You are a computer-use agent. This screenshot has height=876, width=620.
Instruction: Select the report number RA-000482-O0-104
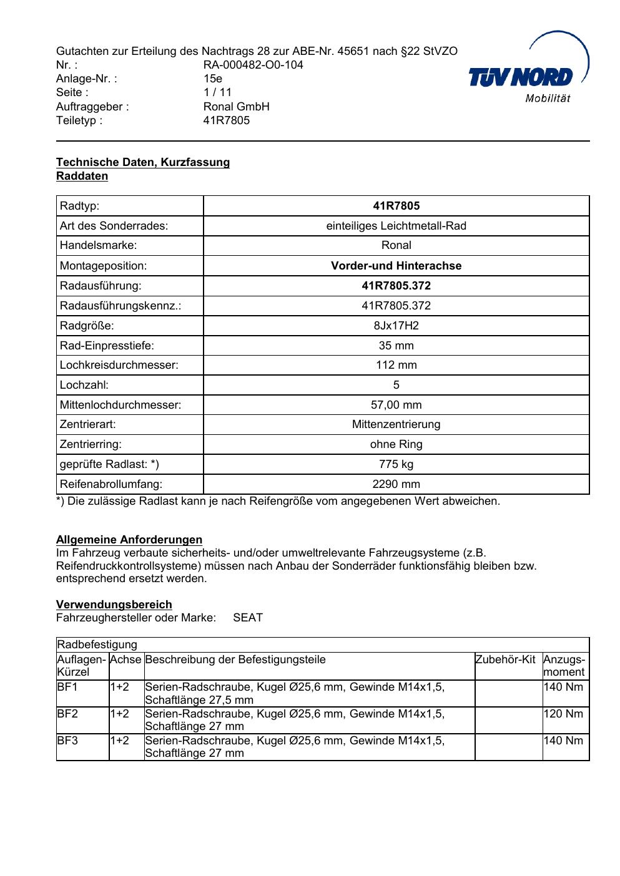tap(253, 65)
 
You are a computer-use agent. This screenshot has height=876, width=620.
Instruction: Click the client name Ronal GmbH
tap(236, 107)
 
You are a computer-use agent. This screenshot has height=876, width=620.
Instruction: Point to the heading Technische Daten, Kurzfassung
tap(143, 162)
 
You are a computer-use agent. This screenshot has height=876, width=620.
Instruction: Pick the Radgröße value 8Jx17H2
tap(396, 326)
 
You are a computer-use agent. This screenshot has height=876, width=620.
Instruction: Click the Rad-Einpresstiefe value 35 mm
tap(396, 346)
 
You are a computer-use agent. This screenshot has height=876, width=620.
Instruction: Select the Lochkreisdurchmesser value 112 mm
tap(396, 365)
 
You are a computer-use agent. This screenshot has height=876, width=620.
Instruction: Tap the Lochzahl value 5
tap(396, 385)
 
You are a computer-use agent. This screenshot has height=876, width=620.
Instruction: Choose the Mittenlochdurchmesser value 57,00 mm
tap(396, 405)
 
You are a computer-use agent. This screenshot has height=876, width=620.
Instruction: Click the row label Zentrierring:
tap(91, 444)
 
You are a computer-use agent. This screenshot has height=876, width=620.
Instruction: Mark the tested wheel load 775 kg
tap(396, 464)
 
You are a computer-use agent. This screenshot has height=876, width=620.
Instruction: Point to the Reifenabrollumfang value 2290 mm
tap(396, 484)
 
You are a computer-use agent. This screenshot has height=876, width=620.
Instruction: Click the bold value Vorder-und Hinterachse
tap(396, 266)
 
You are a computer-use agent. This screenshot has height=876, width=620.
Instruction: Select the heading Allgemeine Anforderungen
tap(129, 540)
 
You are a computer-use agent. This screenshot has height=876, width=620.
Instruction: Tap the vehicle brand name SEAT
tap(248, 618)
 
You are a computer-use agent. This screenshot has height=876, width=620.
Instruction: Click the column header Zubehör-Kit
tap(505, 659)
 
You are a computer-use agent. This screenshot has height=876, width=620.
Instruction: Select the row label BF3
tap(67, 741)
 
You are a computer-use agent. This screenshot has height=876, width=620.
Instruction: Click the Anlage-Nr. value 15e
tap(213, 79)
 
